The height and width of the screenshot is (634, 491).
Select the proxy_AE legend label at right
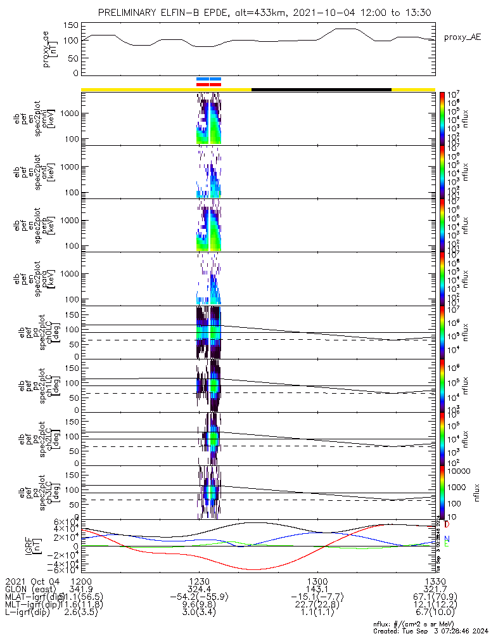(462, 37)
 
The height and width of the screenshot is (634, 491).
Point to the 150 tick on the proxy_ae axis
(71, 25)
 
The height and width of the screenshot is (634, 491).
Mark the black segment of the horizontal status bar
(321, 89)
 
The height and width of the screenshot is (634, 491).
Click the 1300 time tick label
(317, 581)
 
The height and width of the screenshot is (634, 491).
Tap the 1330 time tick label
(435, 581)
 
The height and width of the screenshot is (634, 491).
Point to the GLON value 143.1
(317, 589)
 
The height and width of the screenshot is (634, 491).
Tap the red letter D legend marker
(447, 525)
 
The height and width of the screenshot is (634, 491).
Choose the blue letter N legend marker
(447, 539)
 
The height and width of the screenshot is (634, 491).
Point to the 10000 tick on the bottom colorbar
(459, 471)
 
